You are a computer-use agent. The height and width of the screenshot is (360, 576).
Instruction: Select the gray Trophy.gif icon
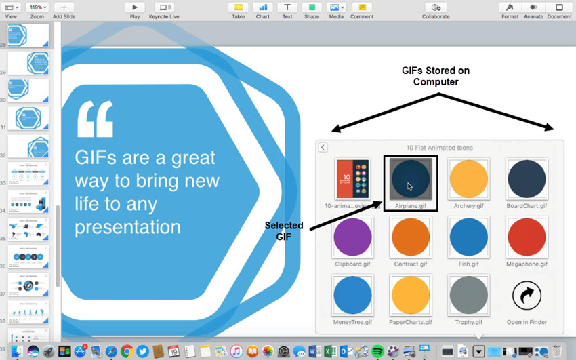469,294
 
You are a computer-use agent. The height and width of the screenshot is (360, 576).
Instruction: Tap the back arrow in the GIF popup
323,147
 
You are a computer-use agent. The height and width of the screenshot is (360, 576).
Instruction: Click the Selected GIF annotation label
285,231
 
